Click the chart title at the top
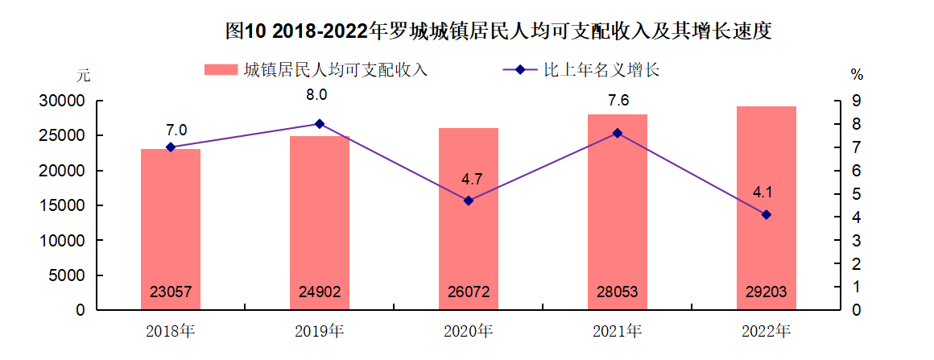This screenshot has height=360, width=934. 499,31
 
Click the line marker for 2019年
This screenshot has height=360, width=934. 320,124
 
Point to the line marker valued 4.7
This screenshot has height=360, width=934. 469,201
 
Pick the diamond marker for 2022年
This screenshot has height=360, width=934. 766,214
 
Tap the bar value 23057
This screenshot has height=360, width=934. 171,292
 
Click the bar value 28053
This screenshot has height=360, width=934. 618,292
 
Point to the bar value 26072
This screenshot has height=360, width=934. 469,292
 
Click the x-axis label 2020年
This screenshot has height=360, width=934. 469,330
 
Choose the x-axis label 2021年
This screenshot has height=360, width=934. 618,330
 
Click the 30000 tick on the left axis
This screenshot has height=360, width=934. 64,101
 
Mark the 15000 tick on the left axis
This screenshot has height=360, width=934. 64,206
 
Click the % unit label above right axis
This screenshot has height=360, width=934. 857,75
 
